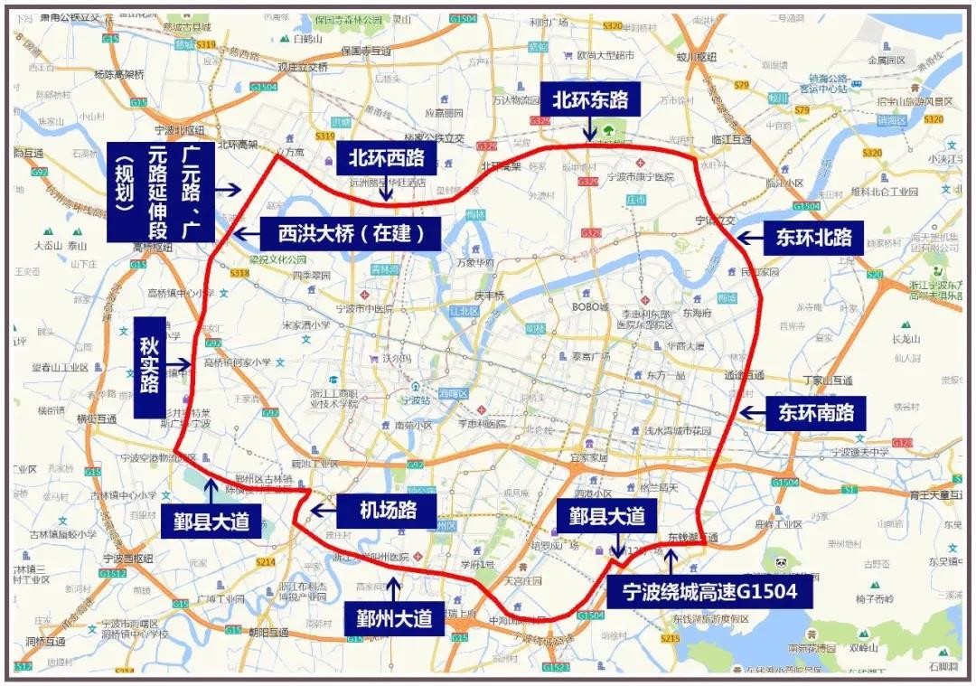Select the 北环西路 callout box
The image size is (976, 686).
(386, 158)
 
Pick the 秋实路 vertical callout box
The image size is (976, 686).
(150, 367)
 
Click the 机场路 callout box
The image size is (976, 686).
(387, 510)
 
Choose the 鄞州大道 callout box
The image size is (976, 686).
(393, 619)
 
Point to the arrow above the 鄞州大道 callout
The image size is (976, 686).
(393, 587)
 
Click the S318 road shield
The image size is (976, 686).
(239, 272)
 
